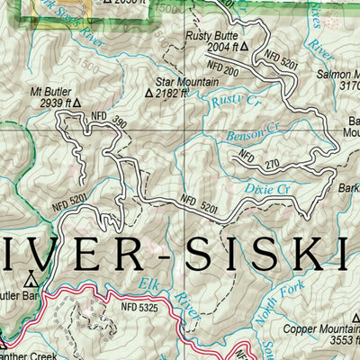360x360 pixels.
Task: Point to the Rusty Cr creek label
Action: [229, 103]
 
